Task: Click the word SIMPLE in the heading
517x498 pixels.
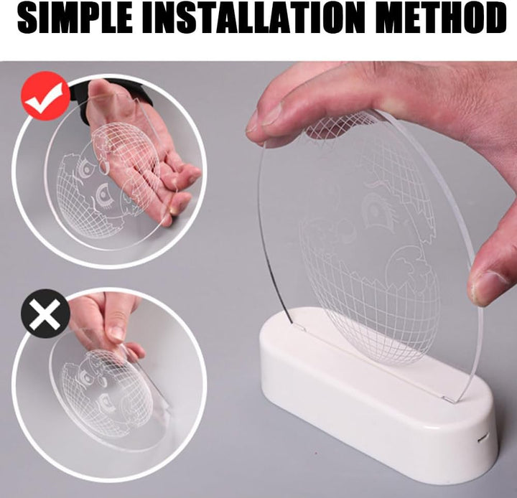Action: coord(75,18)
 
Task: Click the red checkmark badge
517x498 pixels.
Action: coord(45,96)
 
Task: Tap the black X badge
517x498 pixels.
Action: coord(45,314)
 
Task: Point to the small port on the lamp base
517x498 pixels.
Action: coord(483,438)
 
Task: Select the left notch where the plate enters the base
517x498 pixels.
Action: coord(299,327)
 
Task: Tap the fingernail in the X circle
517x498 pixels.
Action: coord(116,334)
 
